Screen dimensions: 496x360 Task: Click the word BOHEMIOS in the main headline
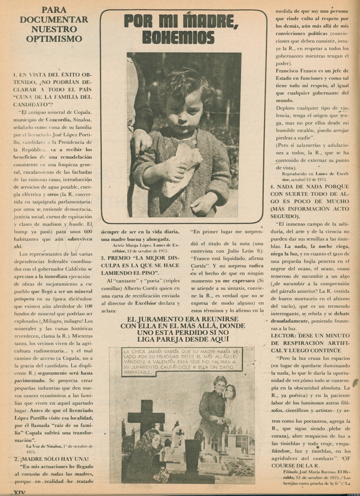(x=178, y=37)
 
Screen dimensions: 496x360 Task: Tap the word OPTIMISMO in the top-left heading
(x=54, y=39)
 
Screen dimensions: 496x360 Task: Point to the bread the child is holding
(x=182, y=168)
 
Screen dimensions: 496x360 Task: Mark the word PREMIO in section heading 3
(x=121, y=258)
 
